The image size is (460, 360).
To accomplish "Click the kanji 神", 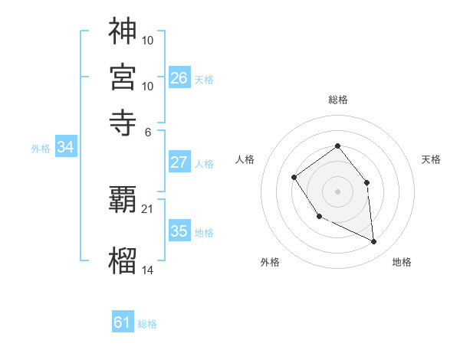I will coord(123,31).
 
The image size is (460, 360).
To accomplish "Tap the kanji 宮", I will coord(123,77).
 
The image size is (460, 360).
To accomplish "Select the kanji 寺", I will coord(123,122).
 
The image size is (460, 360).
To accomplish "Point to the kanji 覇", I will coord(123,201).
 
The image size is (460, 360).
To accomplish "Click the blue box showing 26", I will coord(179,78).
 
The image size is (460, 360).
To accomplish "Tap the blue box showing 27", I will coord(179,162).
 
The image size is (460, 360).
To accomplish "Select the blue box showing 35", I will coord(179,231).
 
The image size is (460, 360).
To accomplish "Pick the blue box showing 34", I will coord(65,148).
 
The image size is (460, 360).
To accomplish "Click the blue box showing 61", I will coord(123,322).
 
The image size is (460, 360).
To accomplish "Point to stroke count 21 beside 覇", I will coord(148,208).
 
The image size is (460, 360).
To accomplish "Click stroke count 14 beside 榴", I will coord(148,270).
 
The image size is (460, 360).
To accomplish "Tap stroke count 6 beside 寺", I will coord(148,131).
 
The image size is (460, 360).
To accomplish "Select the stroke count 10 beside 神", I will coord(148,40).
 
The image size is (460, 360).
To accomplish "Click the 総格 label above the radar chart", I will coord(337,100).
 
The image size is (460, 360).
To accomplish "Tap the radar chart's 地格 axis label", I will coord(402,262).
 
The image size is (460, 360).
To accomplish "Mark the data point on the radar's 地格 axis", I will coord(373,242).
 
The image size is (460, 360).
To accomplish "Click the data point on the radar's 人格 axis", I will coord(294,178).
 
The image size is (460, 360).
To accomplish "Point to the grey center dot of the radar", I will coord(337,191).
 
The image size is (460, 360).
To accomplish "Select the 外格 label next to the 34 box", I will coord(40,149).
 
